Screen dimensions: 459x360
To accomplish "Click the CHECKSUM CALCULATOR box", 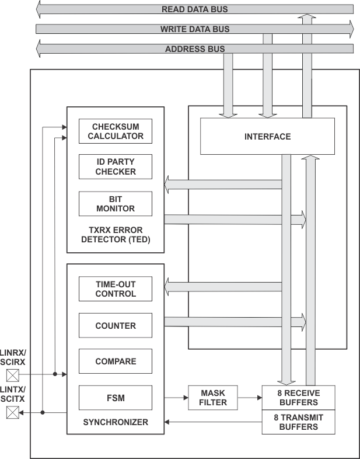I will [x=116, y=131].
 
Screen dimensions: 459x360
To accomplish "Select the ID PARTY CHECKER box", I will [x=116, y=167].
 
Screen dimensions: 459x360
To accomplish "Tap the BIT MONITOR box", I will [x=116, y=204].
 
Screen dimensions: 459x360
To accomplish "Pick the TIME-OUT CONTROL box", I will [x=116, y=289].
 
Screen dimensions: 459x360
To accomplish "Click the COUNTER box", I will [x=116, y=326].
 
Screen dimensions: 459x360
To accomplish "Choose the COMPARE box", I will [x=116, y=361].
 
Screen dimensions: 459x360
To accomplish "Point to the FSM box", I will [x=116, y=398].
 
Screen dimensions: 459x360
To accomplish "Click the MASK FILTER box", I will [x=212, y=398].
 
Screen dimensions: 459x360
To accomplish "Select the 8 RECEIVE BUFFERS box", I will [x=298, y=398].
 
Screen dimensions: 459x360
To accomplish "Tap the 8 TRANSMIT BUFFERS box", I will [x=298, y=422].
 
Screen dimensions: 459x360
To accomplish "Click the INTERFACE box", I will [x=267, y=137].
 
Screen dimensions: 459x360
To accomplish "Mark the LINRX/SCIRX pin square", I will [x=12, y=374].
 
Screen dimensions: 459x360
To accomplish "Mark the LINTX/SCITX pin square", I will [x=12, y=413].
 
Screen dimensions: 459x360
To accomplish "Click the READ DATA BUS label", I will [x=194, y=9].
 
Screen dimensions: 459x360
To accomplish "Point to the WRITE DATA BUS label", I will [x=194, y=29].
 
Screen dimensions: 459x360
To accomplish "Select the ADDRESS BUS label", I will [x=194, y=49].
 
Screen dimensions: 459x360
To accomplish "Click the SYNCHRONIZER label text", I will [x=115, y=422].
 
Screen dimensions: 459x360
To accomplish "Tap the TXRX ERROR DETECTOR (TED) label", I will [x=115, y=235].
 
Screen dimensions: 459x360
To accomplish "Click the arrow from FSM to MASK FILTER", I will [x=176, y=398].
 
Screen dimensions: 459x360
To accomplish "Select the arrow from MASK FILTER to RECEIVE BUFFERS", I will [x=250, y=398].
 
